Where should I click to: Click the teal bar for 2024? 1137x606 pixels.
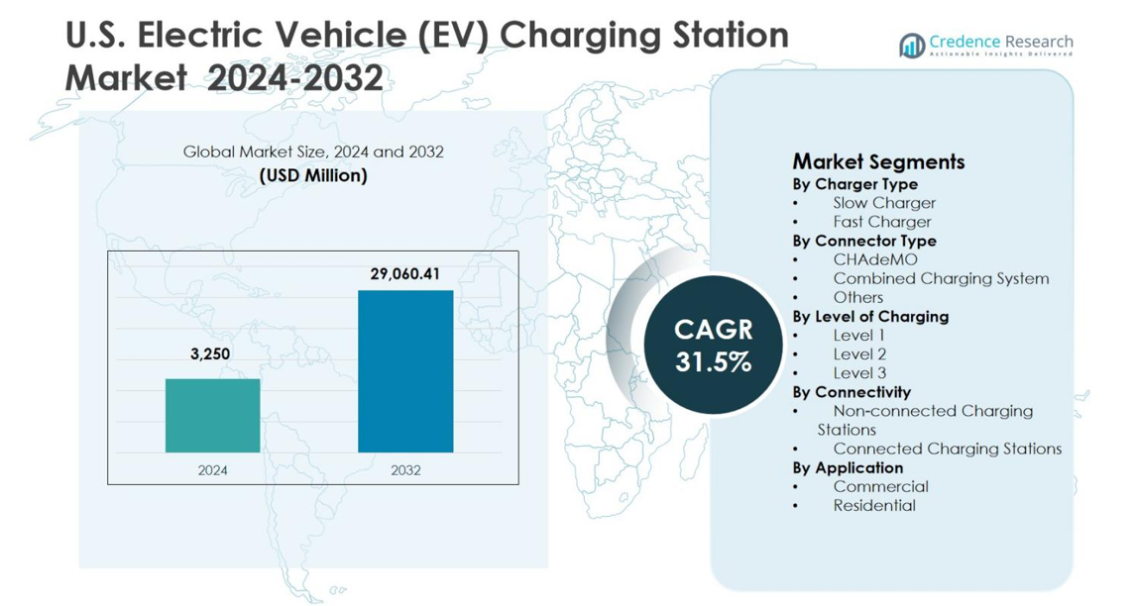click(212, 415)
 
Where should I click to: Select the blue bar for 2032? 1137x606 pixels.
click(404, 371)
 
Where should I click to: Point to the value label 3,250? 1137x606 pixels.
click(211, 353)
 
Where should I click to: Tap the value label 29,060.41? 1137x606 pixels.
click(404, 273)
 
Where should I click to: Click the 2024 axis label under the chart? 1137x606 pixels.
click(212, 470)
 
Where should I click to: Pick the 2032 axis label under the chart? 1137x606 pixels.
click(404, 470)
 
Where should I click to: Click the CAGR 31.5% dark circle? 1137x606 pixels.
click(713, 345)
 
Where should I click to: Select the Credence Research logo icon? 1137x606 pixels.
click(911, 45)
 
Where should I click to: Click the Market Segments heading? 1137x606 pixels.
click(878, 161)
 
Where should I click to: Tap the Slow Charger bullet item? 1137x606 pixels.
click(883, 203)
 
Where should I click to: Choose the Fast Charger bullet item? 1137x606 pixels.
click(881, 222)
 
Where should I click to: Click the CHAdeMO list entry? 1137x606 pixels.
click(874, 259)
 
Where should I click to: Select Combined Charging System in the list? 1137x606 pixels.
click(940, 278)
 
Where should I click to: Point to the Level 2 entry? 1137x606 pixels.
click(859, 353)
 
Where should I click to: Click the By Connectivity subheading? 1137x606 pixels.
click(851, 392)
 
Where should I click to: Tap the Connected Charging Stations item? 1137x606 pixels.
click(947, 449)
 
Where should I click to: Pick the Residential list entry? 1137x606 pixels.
click(873, 505)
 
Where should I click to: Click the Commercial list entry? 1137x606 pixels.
click(880, 486)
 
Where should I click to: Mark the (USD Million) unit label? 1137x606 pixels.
click(313, 175)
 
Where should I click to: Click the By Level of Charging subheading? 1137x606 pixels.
click(869, 317)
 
